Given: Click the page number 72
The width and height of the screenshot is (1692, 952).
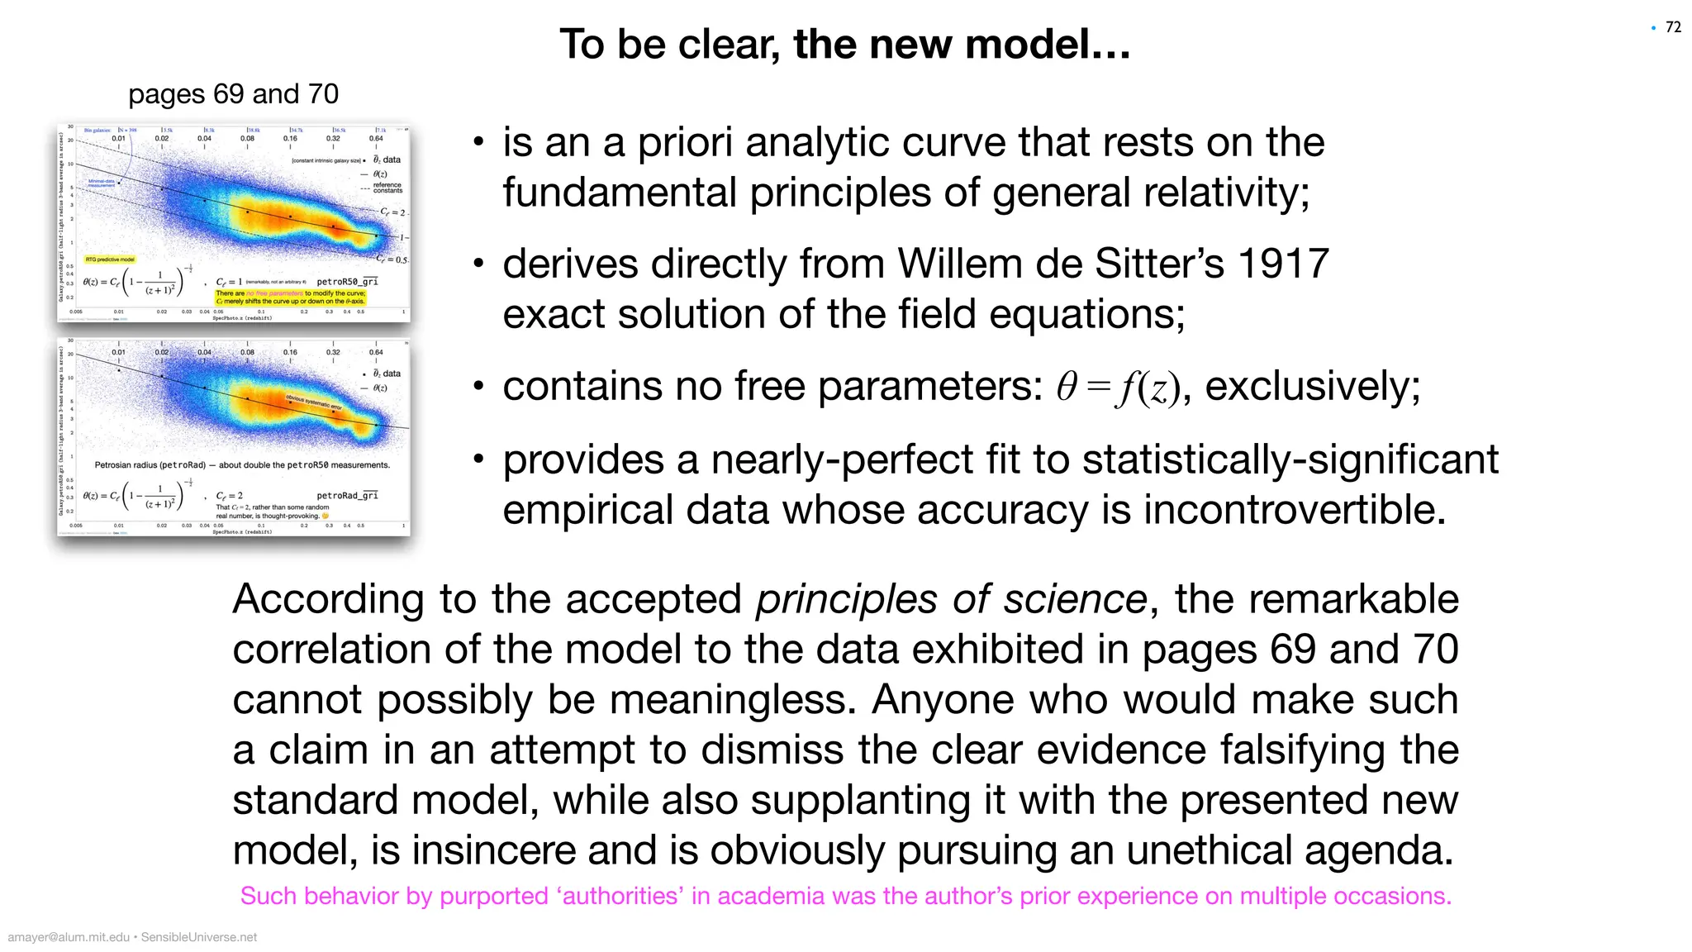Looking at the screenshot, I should [1673, 27].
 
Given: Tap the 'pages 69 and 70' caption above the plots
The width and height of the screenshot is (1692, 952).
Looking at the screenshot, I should [233, 94].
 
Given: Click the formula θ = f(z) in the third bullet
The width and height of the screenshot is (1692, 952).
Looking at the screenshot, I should [1118, 387].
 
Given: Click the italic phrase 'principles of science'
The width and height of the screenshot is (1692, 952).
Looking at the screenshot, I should [951, 599].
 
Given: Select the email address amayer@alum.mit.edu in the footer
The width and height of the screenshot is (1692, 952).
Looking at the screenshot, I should [69, 937].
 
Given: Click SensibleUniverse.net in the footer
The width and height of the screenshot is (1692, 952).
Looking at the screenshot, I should [199, 937].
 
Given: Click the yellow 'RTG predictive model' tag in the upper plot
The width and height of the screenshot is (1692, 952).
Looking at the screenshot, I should [110, 259].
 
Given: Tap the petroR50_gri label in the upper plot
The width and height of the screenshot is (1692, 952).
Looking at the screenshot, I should [347, 282].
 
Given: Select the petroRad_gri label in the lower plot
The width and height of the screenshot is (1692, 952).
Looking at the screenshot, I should [347, 496].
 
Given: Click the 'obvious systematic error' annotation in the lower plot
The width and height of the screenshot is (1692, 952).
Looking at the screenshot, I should [314, 402].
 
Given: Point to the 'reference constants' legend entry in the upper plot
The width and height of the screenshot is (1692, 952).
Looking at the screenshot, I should [387, 188].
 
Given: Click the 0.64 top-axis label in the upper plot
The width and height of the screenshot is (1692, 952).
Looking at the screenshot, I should [376, 138].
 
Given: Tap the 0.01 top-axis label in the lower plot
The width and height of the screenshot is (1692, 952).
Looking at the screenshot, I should [119, 352].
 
